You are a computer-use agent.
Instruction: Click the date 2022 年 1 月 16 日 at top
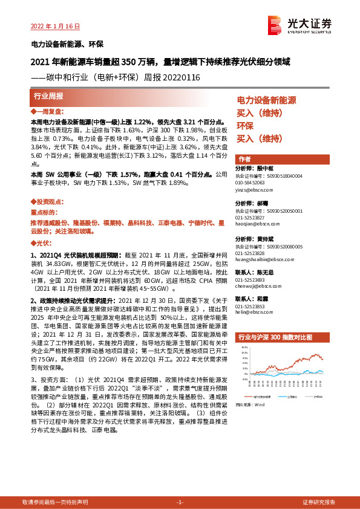click(x=55, y=26)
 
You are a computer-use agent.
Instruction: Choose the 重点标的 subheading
click(x=44, y=213)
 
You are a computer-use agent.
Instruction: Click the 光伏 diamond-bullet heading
click(x=41, y=242)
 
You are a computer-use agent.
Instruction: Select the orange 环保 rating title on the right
click(x=244, y=126)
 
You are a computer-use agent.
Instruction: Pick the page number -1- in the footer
click(x=179, y=502)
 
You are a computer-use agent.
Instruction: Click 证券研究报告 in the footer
click(x=319, y=502)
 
